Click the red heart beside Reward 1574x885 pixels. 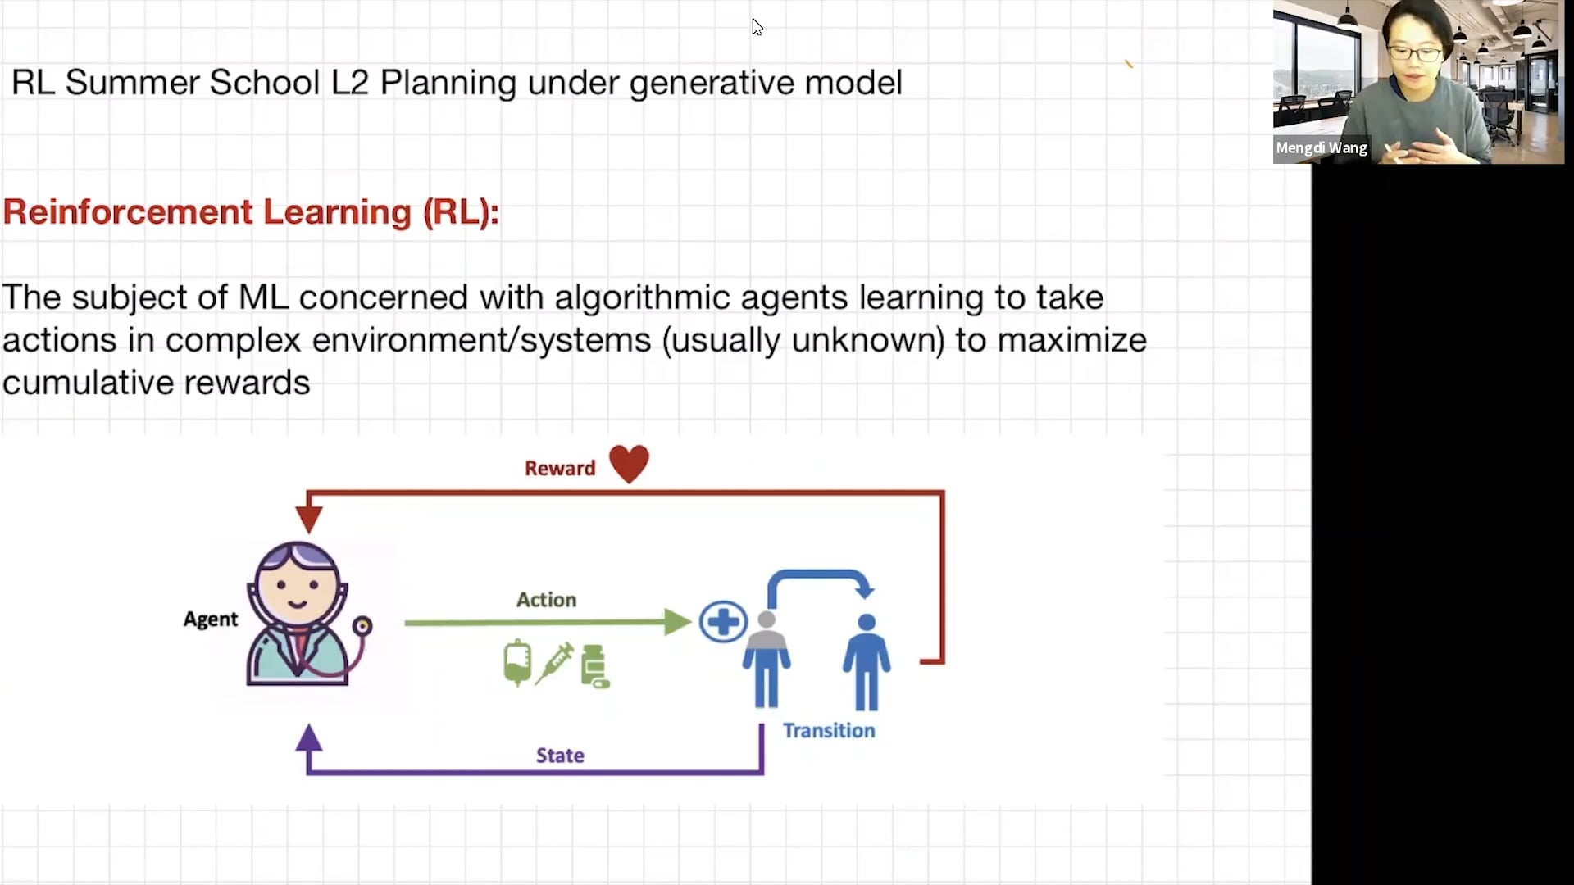(x=629, y=464)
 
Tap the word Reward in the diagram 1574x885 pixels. (x=560, y=468)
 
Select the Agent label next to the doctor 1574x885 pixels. (x=211, y=619)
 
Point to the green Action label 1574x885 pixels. (x=546, y=600)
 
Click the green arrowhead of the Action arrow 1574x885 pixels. (x=677, y=622)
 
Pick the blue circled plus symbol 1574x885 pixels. (x=723, y=622)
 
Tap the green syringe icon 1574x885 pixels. (x=555, y=663)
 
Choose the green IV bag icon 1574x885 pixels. (x=517, y=662)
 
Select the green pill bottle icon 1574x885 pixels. (x=594, y=666)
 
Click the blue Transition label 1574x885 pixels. (x=829, y=730)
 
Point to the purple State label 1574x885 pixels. (x=560, y=755)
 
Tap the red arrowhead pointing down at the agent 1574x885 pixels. (x=309, y=520)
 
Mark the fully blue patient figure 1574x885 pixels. (x=867, y=661)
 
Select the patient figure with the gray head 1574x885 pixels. (x=767, y=659)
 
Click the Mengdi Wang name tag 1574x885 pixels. (x=1322, y=148)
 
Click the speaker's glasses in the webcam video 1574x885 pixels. (x=1416, y=54)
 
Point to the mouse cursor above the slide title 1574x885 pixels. (x=757, y=27)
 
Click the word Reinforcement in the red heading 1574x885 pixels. (x=128, y=211)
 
